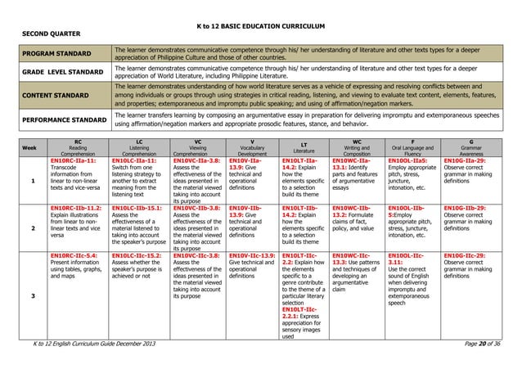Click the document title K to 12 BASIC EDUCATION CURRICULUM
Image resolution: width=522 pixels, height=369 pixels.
261,27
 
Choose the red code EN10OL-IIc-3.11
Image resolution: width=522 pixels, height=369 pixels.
406,259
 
